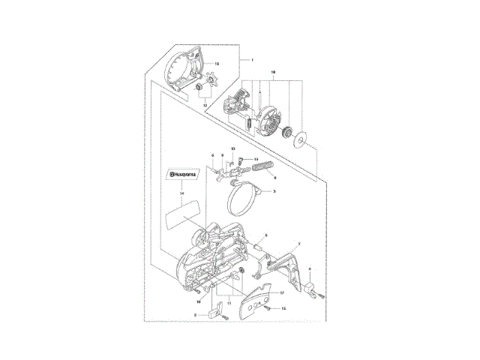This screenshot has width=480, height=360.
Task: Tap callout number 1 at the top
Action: point(253,59)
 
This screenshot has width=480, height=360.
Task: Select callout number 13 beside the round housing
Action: point(217,64)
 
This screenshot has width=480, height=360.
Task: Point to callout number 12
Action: point(205,106)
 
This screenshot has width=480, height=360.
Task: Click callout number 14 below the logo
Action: point(181,193)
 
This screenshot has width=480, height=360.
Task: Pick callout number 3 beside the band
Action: point(274,192)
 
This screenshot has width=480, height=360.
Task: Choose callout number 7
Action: point(299,244)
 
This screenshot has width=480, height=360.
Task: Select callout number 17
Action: point(282,292)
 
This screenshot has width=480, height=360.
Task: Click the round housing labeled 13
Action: point(184,73)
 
